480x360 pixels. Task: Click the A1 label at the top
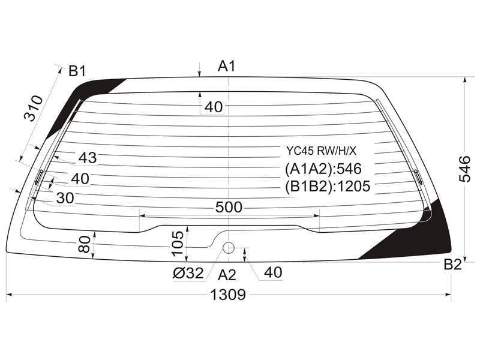click(227, 66)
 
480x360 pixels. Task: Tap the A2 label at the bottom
click(227, 275)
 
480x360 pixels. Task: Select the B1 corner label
click(77, 71)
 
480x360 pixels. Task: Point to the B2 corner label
click(452, 265)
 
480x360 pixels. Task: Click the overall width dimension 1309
click(228, 295)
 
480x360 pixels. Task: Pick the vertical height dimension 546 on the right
click(464, 169)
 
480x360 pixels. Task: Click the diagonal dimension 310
click(34, 109)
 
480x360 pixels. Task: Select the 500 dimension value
click(229, 207)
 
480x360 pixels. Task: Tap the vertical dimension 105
click(178, 244)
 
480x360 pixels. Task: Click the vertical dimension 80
click(85, 244)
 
